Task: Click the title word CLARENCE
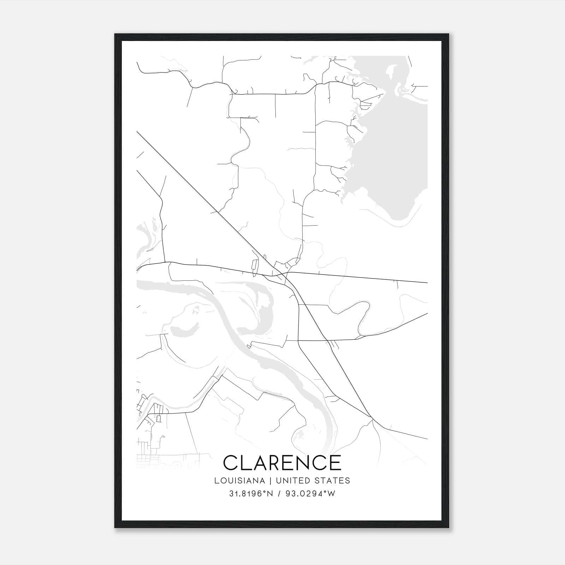(x=282, y=463)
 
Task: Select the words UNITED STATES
(x=313, y=481)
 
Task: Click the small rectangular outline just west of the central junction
(x=254, y=266)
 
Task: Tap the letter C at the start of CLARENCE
(x=231, y=463)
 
